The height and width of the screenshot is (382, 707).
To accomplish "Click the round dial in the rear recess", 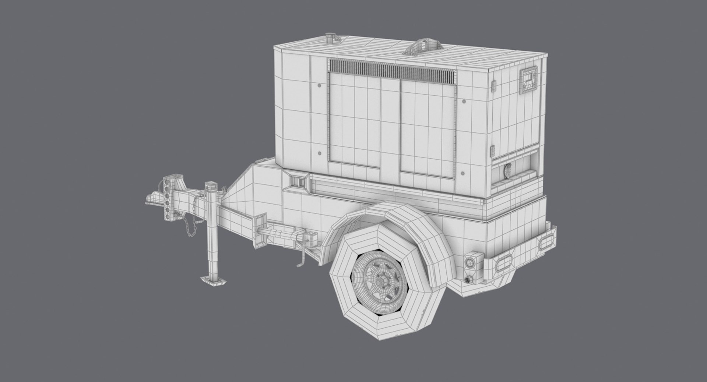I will pyautogui.click(x=508, y=171).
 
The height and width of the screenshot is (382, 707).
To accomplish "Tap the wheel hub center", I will pyautogui.click(x=379, y=281).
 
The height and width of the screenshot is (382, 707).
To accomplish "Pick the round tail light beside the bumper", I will pyautogui.click(x=470, y=263).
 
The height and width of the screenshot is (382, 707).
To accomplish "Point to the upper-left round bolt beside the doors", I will pyautogui.click(x=319, y=85).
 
